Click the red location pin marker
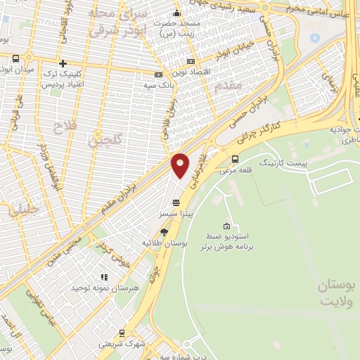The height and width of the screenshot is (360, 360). tap(180, 165)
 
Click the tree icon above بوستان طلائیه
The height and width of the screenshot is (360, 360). tap(165, 231)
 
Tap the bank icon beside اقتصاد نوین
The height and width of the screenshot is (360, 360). tap(159, 74)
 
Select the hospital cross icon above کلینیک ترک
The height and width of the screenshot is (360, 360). tap(63, 63)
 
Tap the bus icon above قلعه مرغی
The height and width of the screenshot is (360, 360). tap(235, 159)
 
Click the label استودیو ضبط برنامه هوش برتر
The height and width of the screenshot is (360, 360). tap(226, 243)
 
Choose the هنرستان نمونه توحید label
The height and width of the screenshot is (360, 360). tap(98, 288)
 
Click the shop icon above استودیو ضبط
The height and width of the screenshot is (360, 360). tap(226, 226)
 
